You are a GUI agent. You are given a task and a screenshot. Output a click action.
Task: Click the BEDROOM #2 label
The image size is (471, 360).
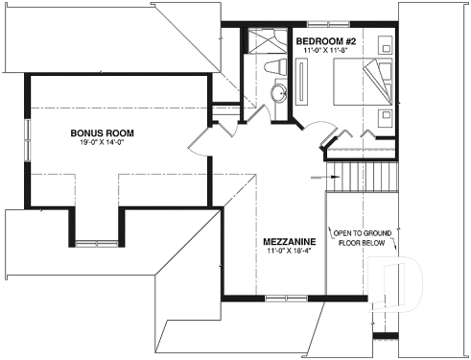tap(325, 40)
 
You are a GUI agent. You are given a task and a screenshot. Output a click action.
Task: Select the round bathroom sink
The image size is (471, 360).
tap(278, 93)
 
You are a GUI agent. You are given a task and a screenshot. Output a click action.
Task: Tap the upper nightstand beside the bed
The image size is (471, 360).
tap(385, 44)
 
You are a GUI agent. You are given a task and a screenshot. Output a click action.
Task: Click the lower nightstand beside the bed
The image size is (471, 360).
tap(385, 118)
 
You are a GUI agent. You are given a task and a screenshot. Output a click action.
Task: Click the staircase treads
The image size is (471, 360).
tap(365, 176)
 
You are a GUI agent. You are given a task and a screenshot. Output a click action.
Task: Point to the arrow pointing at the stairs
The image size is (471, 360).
tap(318, 177)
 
